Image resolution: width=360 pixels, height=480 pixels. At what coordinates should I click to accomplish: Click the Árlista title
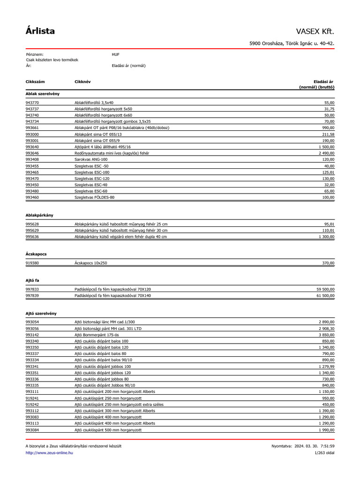coord(40,31)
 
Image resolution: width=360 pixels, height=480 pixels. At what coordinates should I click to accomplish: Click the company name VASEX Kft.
coord(315,31)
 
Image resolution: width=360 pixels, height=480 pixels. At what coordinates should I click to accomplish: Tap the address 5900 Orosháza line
coord(292,44)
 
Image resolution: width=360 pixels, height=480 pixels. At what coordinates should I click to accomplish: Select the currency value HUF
coord(115,54)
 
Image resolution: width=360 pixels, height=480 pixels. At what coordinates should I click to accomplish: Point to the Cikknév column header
coord(82,82)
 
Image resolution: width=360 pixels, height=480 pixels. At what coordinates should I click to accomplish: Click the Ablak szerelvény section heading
coord(42,94)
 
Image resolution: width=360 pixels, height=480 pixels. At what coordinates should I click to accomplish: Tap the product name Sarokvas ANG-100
coord(92,160)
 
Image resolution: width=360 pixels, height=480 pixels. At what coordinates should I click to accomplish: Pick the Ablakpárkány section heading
coord(39,215)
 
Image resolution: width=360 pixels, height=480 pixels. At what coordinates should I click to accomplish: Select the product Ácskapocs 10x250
coord(91,263)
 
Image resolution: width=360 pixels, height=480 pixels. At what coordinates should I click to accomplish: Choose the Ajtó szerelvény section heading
coord(41,313)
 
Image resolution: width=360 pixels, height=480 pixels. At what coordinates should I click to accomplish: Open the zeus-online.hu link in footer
coord(49,453)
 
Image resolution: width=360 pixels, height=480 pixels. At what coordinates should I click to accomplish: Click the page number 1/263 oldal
coord(324,453)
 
